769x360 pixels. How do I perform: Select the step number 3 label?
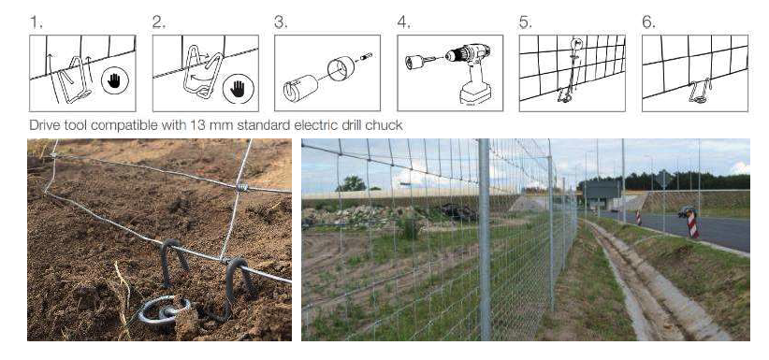point(280,19)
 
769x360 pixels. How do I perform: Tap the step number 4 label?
point(403,19)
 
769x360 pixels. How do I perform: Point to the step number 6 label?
point(648,19)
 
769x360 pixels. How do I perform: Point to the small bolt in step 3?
point(365,57)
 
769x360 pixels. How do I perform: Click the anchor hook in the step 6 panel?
point(702,92)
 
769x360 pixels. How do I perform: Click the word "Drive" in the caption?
point(43,124)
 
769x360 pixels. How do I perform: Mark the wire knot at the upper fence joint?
point(240,187)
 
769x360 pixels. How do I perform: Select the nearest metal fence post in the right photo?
point(484,238)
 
